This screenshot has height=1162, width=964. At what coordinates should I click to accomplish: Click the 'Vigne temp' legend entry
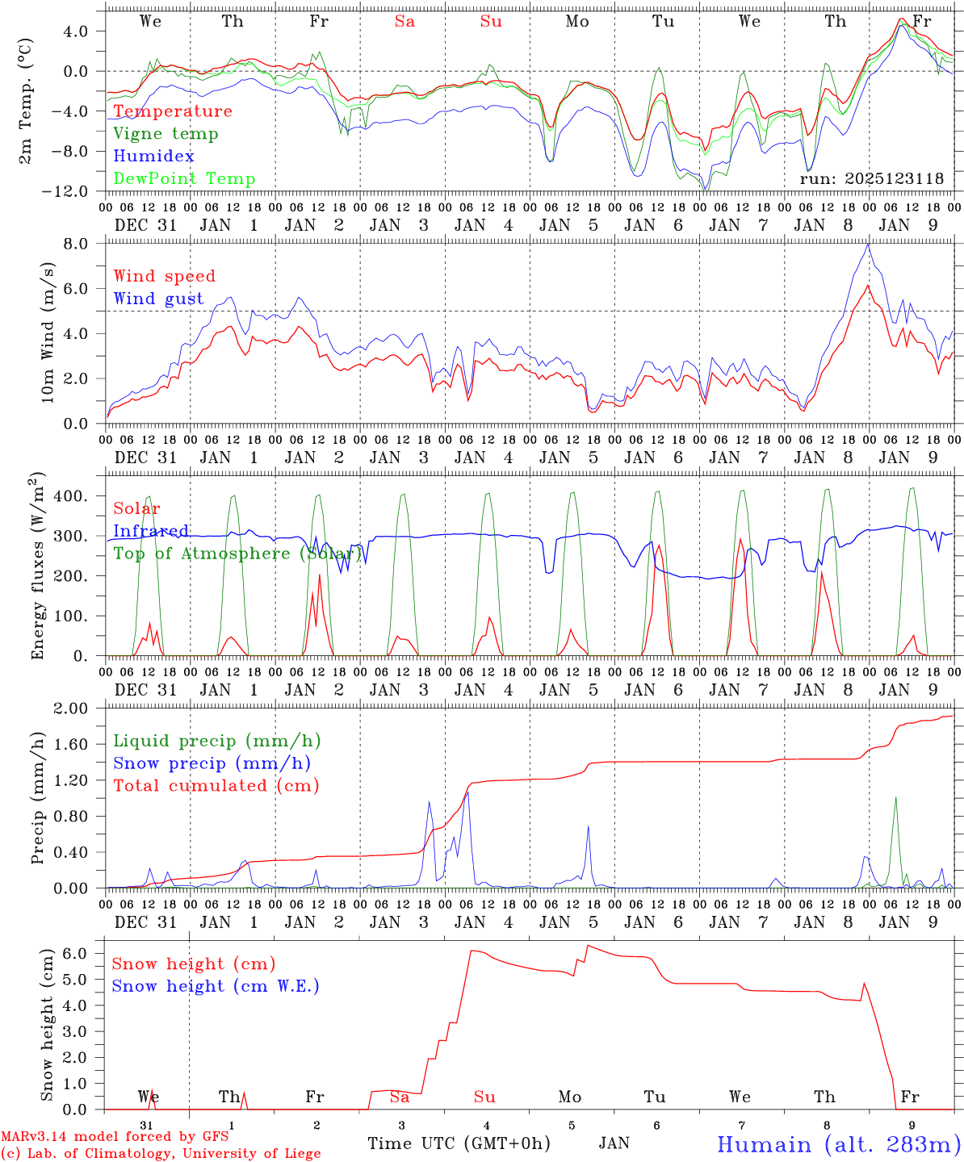[x=166, y=134]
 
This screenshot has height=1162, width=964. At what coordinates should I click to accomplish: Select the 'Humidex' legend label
[x=153, y=157]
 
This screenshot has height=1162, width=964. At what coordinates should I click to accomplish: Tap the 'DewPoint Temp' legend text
[x=184, y=179]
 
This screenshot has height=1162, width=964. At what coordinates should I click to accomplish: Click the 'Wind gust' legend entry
[x=158, y=299]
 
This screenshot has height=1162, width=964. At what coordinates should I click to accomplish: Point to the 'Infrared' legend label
[x=151, y=531]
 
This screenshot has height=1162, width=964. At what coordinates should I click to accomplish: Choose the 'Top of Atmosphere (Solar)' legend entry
[x=237, y=554]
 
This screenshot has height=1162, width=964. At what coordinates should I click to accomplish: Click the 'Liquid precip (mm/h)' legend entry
[x=217, y=741]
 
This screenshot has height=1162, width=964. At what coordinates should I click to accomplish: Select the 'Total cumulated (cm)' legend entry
[x=216, y=786]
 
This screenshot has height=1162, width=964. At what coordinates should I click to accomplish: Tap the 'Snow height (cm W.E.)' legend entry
[x=216, y=986]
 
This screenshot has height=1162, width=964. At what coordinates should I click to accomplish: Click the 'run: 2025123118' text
[x=871, y=179]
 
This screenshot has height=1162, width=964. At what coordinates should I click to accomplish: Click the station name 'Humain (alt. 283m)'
[x=838, y=1144]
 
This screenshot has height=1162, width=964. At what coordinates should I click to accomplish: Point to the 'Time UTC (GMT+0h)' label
[x=459, y=1143]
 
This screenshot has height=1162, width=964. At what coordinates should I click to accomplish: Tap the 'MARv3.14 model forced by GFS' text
[x=115, y=1137]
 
